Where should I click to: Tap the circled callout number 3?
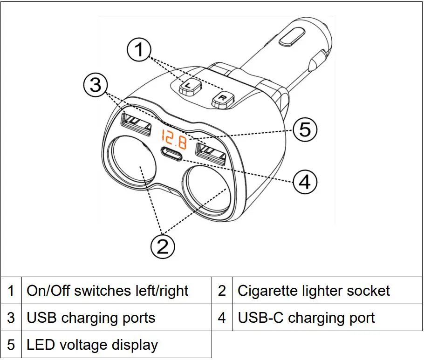pyautogui.click(x=96, y=86)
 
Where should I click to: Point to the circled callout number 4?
pyautogui.click(x=305, y=182)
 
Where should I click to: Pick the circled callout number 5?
pyautogui.click(x=305, y=129)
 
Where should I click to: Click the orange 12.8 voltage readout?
pyautogui.click(x=174, y=139)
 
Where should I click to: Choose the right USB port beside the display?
pyautogui.click(x=211, y=153)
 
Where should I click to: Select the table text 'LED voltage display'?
pyautogui.click(x=92, y=345)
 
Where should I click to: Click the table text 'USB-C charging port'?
pyautogui.click(x=306, y=318)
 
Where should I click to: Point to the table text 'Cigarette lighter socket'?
pyautogui.click(x=314, y=291)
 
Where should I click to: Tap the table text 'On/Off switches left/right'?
pyautogui.click(x=108, y=291)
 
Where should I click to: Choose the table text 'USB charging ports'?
pyautogui.click(x=91, y=318)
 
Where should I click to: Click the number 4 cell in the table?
pyautogui.click(x=222, y=318)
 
